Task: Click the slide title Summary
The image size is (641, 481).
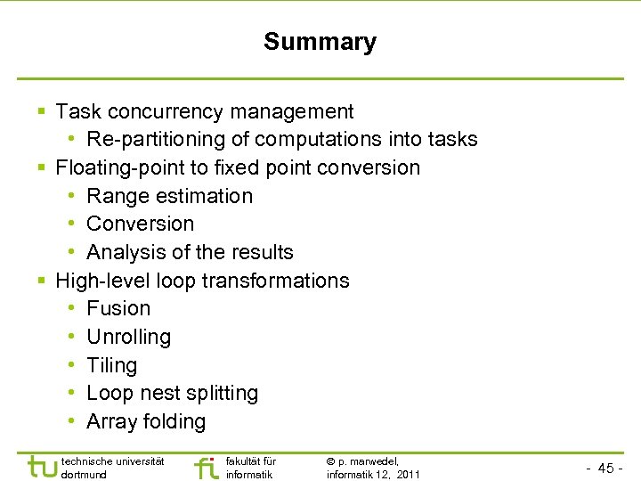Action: coord(320,42)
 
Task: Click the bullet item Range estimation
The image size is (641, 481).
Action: coord(169,196)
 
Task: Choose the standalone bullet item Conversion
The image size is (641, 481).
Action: coord(140,224)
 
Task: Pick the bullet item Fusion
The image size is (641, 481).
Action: coord(118,308)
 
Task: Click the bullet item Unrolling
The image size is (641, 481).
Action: coord(128,337)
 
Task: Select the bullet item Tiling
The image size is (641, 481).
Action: coord(111,365)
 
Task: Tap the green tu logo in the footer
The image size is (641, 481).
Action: coord(42,467)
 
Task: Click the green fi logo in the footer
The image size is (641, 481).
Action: coord(206,467)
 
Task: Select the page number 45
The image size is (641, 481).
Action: coord(605,469)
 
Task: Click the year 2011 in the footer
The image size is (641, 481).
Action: coord(409,475)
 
